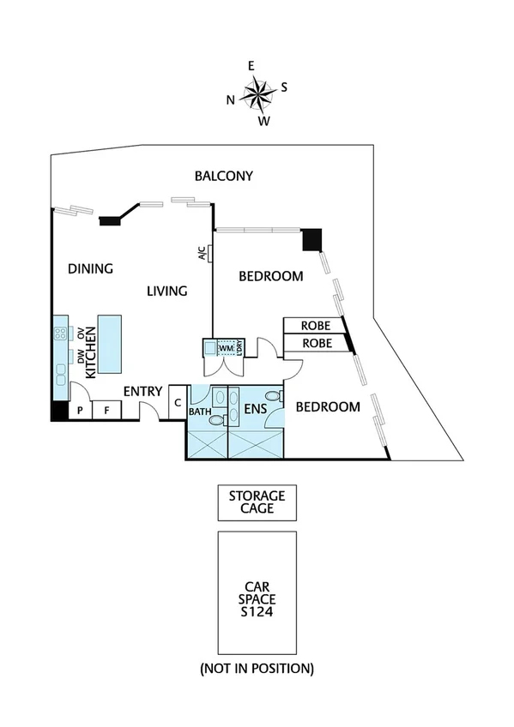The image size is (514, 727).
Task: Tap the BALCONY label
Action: [223, 177]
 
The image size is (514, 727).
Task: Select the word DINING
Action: [91, 268]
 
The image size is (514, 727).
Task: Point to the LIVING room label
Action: [166, 291]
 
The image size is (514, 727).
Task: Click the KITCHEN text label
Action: [89, 345]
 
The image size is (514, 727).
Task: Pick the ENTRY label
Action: [142, 392]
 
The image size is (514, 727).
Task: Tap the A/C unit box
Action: [203, 253]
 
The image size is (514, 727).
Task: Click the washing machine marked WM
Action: [225, 347]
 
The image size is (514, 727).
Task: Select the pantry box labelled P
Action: [80, 411]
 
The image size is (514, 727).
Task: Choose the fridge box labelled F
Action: [106, 411]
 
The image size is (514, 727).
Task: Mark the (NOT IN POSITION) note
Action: [257, 667]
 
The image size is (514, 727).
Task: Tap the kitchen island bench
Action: [110, 344]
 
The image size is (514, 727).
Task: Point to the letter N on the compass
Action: [230, 99]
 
